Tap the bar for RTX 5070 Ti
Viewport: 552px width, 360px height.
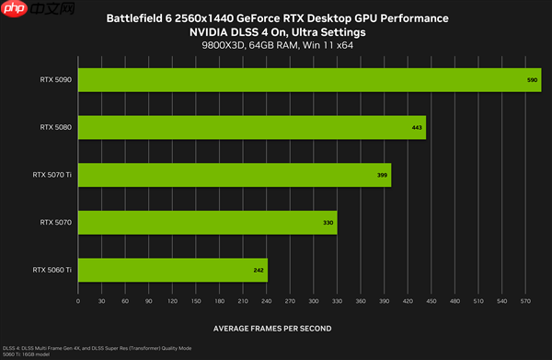click(235, 174)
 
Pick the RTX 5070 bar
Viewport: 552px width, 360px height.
click(207, 222)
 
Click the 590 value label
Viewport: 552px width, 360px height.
click(532, 81)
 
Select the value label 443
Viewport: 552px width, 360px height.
click(417, 128)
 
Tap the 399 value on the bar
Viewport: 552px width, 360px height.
click(382, 175)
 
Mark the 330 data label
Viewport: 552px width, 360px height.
click(327, 223)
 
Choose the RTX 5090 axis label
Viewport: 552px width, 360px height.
click(56, 80)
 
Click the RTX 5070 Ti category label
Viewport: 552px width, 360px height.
click(52, 174)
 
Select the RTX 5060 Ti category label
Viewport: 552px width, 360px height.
click(52, 270)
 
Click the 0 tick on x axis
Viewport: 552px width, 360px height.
click(78, 301)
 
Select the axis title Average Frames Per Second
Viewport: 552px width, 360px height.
click(272, 328)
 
